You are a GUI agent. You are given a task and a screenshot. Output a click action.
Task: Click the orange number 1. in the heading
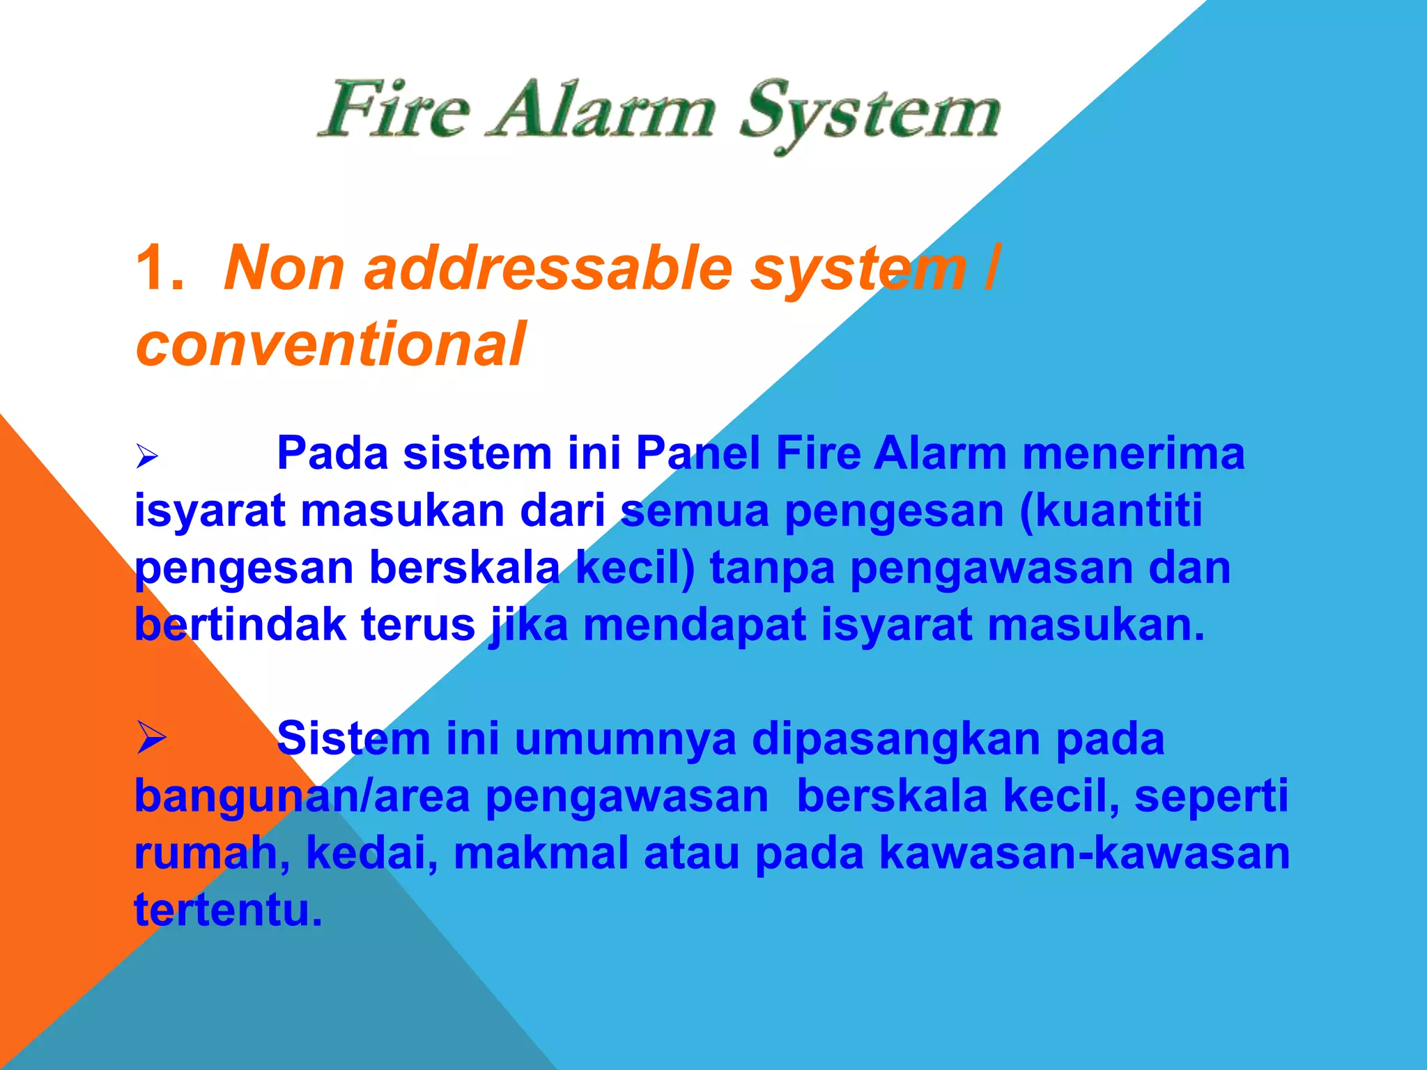tap(160, 268)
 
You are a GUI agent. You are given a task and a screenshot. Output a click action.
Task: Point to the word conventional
tap(330, 344)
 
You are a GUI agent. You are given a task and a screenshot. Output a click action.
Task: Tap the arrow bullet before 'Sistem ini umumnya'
tap(151, 738)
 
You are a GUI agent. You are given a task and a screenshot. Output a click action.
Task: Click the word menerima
tap(1133, 453)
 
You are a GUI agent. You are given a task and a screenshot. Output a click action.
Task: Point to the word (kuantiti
tap(1111, 511)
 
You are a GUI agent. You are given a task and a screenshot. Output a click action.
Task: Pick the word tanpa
tap(772, 568)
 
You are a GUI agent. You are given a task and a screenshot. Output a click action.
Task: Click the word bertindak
tap(240, 625)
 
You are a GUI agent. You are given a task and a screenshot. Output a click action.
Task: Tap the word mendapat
tap(694, 625)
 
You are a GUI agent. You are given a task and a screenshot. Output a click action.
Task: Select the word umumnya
tap(625, 739)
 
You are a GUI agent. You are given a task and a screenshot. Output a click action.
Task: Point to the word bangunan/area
tap(302, 796)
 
